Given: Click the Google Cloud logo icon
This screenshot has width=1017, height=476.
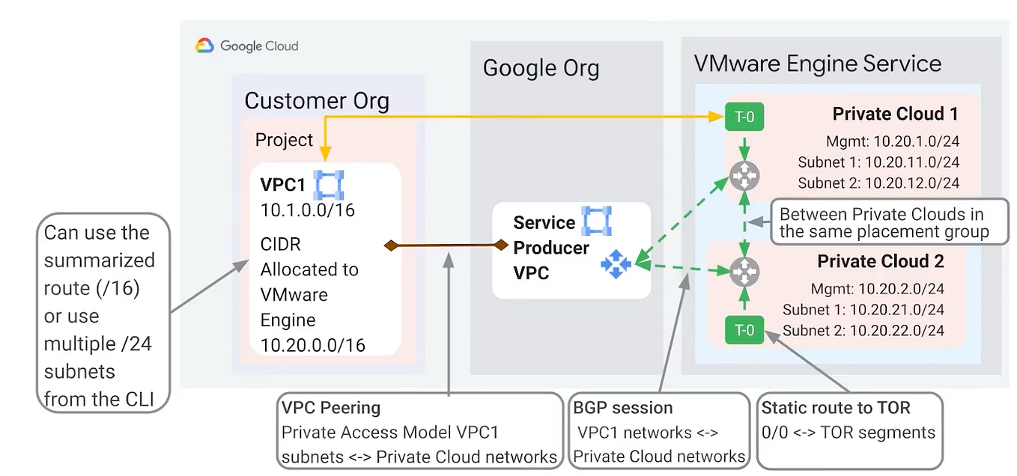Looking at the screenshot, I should (x=204, y=46).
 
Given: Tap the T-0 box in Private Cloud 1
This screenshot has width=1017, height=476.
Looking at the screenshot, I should (x=744, y=116).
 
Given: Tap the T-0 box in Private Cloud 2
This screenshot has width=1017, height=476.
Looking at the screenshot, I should (x=744, y=329).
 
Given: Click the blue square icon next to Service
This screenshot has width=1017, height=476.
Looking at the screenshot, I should (x=597, y=222).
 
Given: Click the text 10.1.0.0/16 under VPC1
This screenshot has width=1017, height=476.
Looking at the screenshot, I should (x=307, y=210).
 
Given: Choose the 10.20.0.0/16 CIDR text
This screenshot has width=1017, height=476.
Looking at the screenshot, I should (x=312, y=345).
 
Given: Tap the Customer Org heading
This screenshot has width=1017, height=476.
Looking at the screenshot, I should (x=317, y=100).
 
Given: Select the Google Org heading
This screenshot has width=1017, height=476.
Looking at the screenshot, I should (x=541, y=68).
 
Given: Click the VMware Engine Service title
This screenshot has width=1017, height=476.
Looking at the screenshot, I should (x=817, y=63).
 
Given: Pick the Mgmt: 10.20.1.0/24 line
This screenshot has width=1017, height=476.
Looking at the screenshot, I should (x=892, y=141).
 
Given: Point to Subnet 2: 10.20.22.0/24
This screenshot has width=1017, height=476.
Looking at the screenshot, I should (x=863, y=330).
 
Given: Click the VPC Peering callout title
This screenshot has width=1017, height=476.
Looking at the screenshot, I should (x=331, y=408).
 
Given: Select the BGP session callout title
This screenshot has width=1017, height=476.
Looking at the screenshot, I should (x=622, y=408).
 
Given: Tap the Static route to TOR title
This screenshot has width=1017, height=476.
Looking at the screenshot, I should (x=836, y=408).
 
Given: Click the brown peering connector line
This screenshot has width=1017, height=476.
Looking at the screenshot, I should (x=447, y=245).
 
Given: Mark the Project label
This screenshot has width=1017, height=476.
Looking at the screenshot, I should (x=284, y=140).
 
